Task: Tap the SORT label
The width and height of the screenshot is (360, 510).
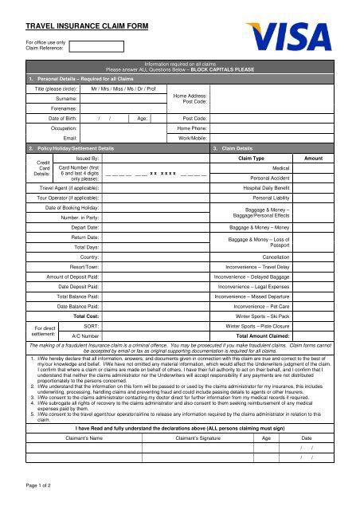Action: pos(91,327)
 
